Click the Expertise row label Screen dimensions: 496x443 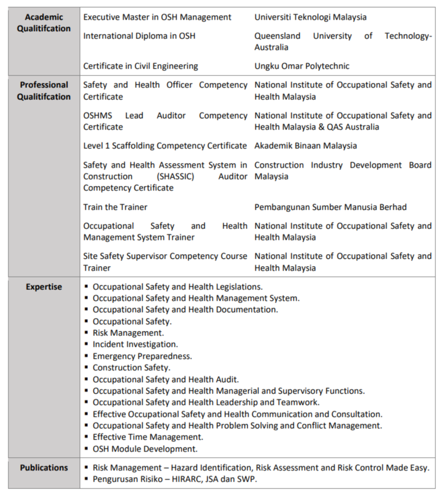click(44, 287)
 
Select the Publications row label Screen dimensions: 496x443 click(44, 468)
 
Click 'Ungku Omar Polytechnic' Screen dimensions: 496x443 click(302, 66)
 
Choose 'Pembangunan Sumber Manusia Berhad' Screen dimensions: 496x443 click(330, 207)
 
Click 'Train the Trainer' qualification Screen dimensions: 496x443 click(115, 207)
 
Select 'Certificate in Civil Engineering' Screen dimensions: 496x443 click(140, 66)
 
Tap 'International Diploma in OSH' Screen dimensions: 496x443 click(139, 36)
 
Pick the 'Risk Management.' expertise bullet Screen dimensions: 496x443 click(128, 333)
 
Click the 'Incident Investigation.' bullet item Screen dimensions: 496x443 click(135, 344)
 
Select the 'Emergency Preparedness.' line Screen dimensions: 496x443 click(142, 356)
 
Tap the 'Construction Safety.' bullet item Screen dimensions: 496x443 click(131, 368)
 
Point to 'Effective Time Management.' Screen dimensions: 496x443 click(141, 437)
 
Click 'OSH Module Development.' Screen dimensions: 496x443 click(145, 449)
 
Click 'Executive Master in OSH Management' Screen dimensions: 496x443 click(157, 17)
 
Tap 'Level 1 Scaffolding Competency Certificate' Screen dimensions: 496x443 click(165, 146)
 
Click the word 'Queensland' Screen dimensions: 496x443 click(277, 36)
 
